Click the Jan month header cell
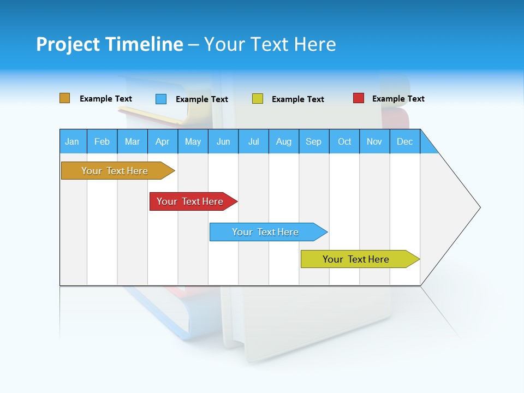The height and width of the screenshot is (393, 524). (73, 141)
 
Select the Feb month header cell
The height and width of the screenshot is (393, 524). (102, 141)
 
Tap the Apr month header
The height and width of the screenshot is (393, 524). (163, 141)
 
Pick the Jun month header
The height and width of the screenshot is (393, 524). (223, 141)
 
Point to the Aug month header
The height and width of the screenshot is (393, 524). (284, 141)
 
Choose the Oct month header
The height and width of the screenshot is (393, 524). (344, 141)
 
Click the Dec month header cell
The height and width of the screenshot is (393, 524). (405, 141)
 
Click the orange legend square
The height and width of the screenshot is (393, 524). (65, 98)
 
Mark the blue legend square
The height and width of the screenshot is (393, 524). (161, 99)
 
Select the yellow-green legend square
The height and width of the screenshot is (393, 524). (258, 99)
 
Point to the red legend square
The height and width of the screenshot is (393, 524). (359, 98)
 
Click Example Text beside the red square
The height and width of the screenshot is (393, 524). (398, 99)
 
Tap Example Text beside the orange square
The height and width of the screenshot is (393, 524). (106, 99)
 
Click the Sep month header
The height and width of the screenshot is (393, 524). (314, 141)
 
